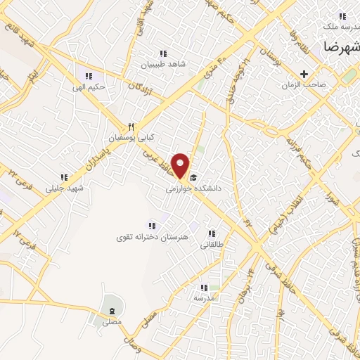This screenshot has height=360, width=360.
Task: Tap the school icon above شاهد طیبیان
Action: (163, 53)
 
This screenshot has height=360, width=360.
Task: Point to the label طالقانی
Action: (211, 245)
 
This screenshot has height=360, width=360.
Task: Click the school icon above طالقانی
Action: (211, 233)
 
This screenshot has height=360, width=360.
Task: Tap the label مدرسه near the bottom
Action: (204, 298)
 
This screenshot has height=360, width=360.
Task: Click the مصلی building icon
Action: (111, 311)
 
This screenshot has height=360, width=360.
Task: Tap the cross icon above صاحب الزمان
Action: (304, 74)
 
